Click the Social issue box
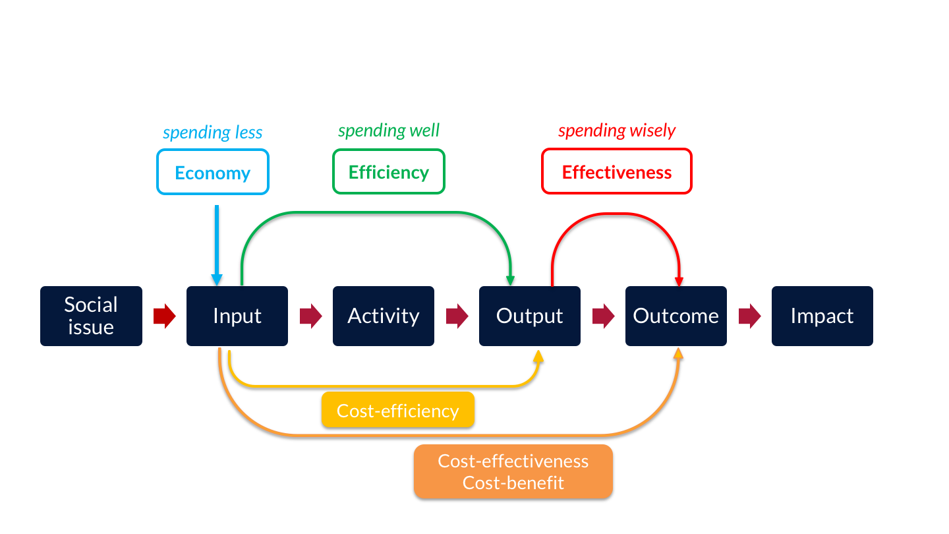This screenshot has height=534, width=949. tap(91, 316)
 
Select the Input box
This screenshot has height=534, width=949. tap(237, 316)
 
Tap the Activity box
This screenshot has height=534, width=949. tap(384, 316)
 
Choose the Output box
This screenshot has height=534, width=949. tap(530, 316)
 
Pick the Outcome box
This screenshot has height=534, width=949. tap(676, 316)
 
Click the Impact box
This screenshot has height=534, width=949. tap(822, 316)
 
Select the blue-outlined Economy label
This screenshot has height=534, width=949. tap(213, 172)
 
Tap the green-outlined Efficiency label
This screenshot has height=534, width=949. tap(389, 171)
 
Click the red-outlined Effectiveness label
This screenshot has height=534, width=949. tap(617, 171)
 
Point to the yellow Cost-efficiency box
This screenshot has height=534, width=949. tap(398, 410)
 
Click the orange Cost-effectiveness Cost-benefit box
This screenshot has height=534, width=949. tap(513, 472)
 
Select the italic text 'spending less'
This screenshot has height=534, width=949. tap(213, 133)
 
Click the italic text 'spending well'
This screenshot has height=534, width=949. tap(389, 131)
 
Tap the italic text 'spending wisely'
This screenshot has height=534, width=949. tap(617, 131)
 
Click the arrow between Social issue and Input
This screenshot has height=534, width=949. tap(164, 316)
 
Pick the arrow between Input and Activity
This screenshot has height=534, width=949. tap(310, 316)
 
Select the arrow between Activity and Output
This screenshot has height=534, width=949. tap(457, 316)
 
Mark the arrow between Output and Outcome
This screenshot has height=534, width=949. tap(603, 316)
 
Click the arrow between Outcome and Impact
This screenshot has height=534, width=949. tap(749, 316)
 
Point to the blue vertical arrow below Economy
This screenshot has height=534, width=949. tap(217, 246)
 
